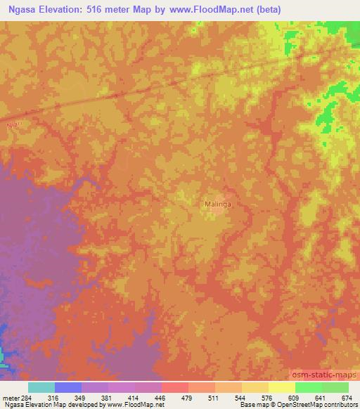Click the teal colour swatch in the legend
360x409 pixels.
[41, 387]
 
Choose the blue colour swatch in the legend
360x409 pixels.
[68, 387]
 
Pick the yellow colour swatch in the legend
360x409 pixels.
[282, 387]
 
